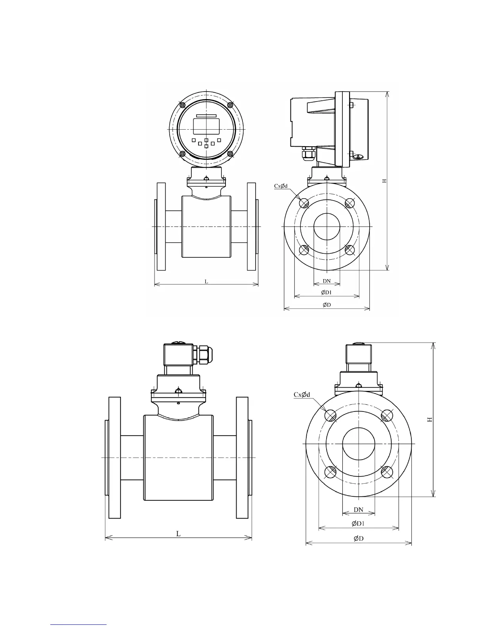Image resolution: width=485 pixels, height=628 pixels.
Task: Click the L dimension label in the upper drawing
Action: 206,281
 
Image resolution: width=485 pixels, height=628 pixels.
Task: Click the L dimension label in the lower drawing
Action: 178,534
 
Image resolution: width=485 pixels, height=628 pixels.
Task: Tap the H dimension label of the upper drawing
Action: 384,181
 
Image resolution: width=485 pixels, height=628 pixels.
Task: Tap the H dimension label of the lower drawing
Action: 430,419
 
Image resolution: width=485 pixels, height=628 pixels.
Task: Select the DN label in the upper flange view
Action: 327,281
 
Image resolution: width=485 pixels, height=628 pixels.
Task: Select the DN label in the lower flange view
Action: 359,510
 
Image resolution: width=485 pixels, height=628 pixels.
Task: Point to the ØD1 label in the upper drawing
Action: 327,292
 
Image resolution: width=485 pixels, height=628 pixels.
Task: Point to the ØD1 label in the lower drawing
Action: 358,523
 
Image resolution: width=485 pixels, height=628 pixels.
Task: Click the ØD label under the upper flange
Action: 327,304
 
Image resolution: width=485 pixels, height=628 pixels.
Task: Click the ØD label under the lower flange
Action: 359,538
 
